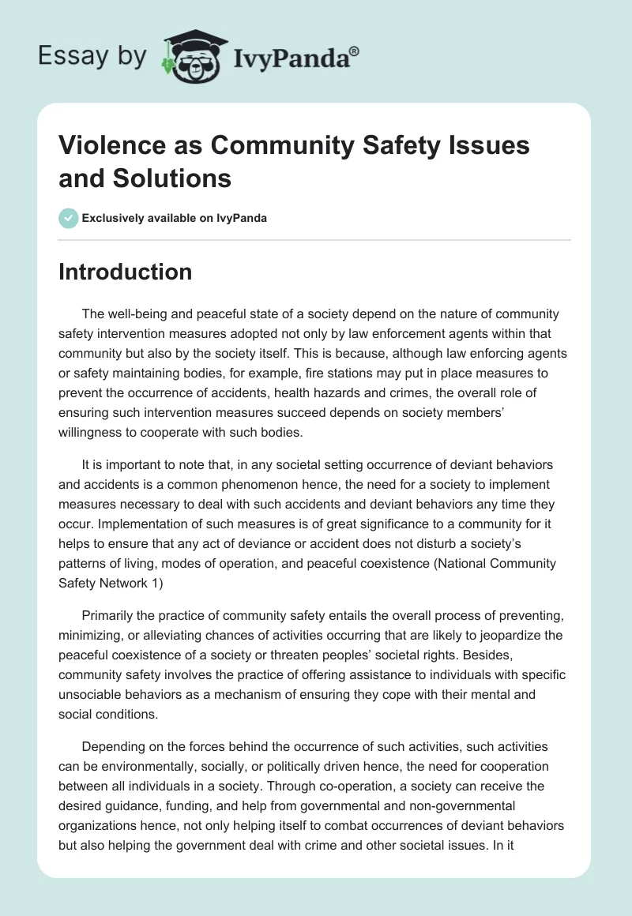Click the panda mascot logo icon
coord(194,54)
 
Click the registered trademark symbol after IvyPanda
coord(355,51)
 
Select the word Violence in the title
coord(109,145)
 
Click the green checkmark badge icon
coord(69,218)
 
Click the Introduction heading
coord(125,272)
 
